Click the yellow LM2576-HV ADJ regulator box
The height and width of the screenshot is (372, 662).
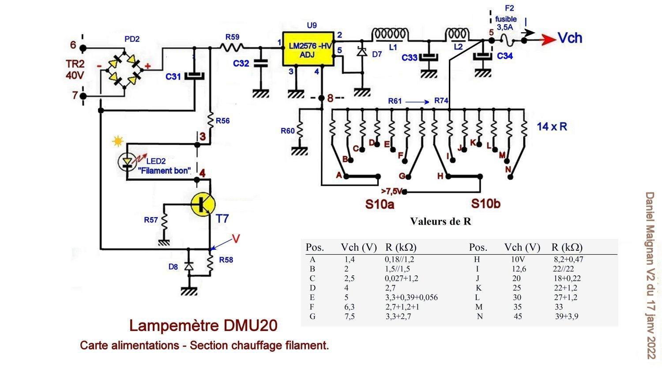[308, 49]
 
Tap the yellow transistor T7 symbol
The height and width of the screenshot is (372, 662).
[203, 204]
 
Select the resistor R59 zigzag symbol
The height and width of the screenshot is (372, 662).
[232, 47]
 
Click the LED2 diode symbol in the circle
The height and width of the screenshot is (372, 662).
[128, 162]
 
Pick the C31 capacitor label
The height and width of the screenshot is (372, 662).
[173, 77]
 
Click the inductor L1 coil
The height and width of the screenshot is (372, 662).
[390, 34]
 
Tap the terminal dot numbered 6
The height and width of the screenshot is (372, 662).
[83, 48]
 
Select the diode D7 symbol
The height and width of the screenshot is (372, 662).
[362, 52]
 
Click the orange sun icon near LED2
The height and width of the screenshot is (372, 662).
[118, 141]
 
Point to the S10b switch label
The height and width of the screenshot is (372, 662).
[485, 204]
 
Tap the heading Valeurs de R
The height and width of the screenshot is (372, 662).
[440, 221]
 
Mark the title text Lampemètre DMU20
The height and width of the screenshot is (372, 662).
[203, 326]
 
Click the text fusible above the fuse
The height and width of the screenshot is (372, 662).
[506, 19]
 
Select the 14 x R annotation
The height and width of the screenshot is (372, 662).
[552, 127]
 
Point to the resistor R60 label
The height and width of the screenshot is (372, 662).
[288, 131]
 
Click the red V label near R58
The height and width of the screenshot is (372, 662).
[236, 239]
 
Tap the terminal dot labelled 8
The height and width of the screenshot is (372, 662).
[322, 98]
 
